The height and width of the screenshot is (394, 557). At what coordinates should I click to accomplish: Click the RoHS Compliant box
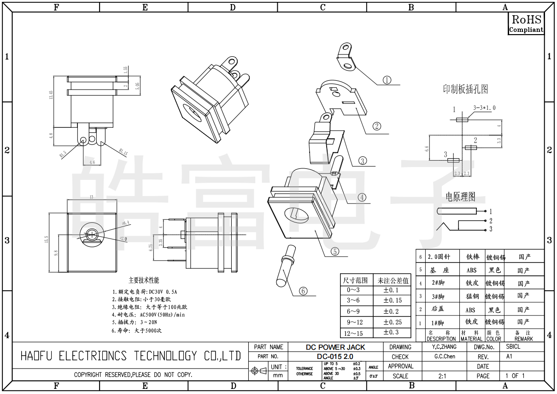tap(526, 23)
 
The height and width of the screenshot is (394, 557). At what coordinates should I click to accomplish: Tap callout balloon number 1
tap(387, 80)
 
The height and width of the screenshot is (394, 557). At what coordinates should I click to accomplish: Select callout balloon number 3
tap(363, 161)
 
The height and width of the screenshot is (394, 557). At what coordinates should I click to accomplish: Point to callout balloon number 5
tap(334, 251)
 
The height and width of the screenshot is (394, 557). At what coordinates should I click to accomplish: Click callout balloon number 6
tap(303, 291)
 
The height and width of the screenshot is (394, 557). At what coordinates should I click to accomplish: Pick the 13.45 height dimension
tap(51, 95)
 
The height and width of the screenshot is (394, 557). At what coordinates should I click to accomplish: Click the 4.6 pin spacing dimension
tap(92, 162)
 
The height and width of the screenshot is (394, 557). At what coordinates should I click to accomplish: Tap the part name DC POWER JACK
tap(335, 347)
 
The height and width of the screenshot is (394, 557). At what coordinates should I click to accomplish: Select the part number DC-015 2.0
tap(335, 357)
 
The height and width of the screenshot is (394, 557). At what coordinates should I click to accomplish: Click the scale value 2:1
tap(442, 376)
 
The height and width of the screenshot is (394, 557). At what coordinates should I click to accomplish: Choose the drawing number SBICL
tap(513, 346)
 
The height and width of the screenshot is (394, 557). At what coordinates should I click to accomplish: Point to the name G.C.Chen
tap(445, 357)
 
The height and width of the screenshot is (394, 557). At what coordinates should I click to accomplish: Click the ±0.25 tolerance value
tap(393, 322)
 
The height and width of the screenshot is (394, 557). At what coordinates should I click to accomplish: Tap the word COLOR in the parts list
tap(494, 339)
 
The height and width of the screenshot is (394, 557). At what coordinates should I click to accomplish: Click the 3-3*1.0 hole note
tap(484, 108)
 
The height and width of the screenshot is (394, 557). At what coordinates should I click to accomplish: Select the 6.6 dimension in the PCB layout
tap(426, 149)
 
